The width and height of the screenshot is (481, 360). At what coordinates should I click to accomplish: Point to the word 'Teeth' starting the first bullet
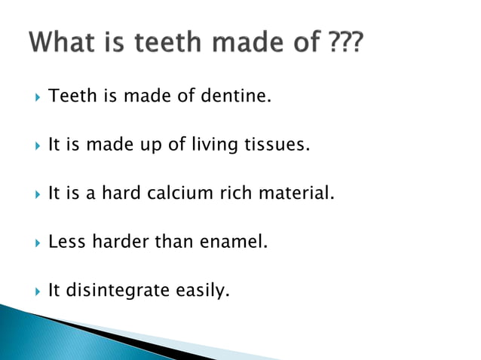(68, 96)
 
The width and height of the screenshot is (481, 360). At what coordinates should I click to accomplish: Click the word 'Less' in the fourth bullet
(66, 242)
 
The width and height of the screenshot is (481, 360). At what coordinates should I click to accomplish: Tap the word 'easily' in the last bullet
(202, 291)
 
